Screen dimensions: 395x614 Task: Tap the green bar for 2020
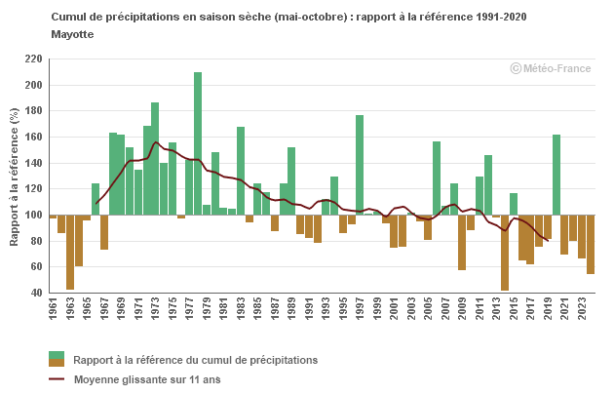point(556,175)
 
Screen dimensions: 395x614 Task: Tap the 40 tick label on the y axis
point(36,293)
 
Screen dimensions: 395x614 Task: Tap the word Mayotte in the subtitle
point(72,33)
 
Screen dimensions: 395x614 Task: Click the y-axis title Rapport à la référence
point(14,176)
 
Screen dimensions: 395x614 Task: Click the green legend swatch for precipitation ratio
point(56,355)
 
